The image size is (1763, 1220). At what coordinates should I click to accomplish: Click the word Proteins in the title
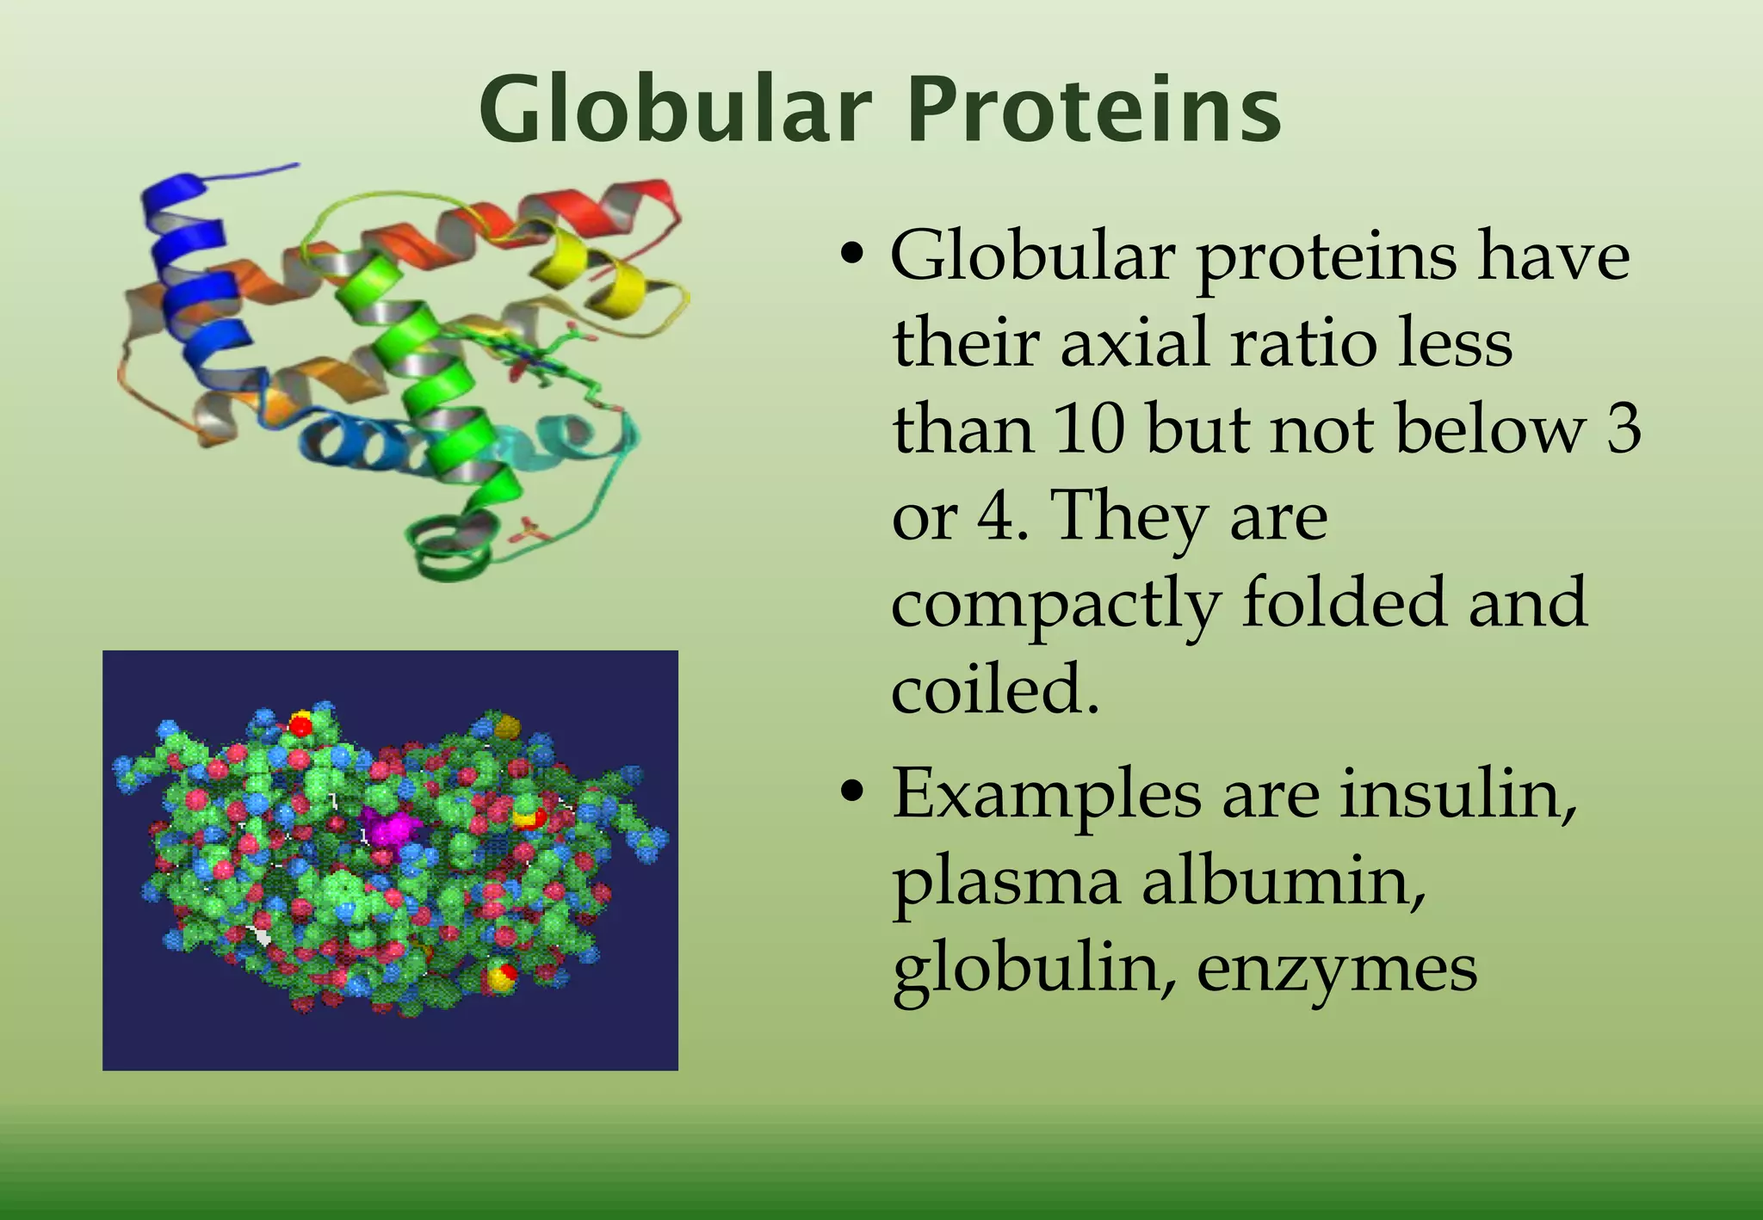[1094, 109]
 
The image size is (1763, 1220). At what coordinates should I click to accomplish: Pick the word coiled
[994, 688]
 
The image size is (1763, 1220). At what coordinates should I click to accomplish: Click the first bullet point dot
[851, 255]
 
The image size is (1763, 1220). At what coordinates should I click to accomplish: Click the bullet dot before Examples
[851, 792]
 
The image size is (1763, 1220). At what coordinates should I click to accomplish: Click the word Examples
[1046, 795]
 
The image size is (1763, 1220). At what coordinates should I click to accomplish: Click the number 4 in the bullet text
[998, 516]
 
